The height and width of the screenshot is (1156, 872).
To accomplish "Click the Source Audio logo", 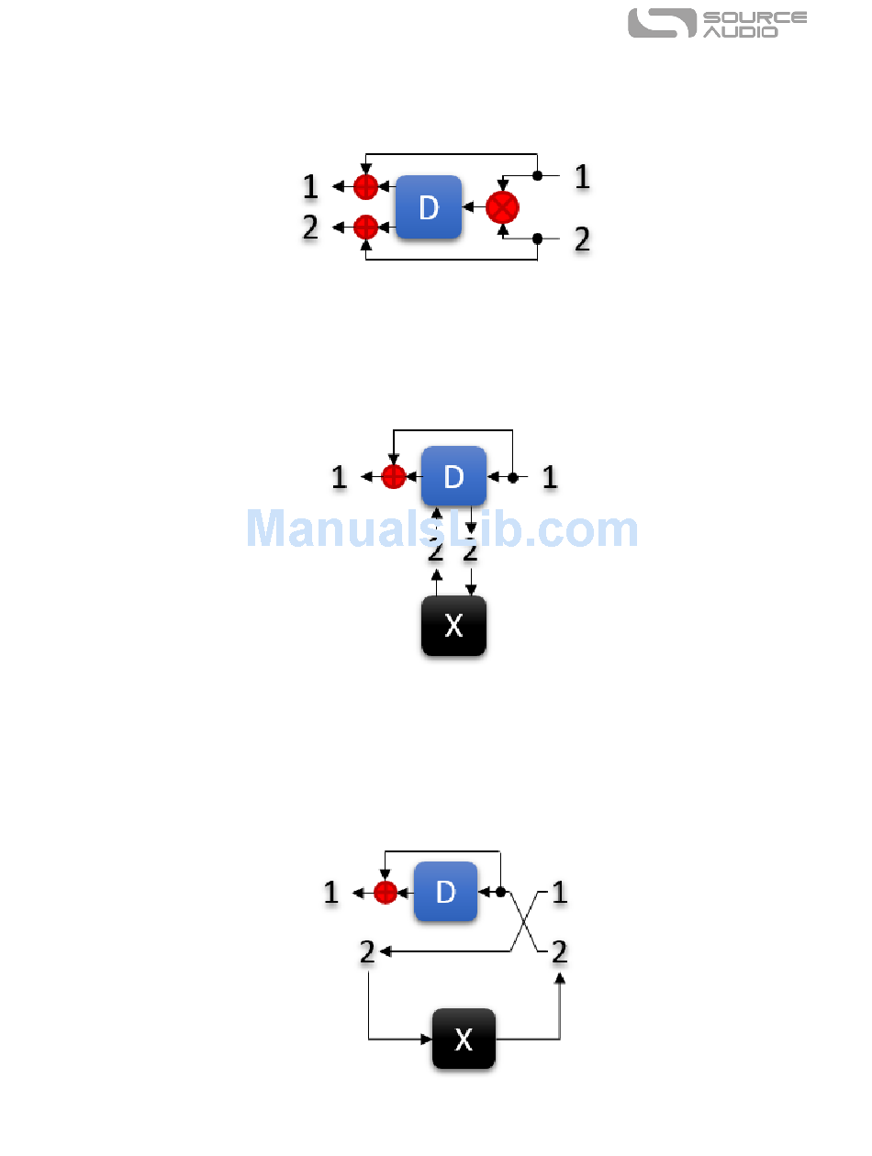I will pyautogui.click(x=717, y=24).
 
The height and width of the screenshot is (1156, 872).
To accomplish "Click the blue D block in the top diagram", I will pyautogui.click(x=429, y=207).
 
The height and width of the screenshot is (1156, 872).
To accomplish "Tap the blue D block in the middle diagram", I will pyautogui.click(x=453, y=476).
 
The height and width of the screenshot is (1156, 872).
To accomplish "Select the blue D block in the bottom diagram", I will pyautogui.click(x=445, y=891).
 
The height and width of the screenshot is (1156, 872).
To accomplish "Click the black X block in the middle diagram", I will pyautogui.click(x=453, y=626).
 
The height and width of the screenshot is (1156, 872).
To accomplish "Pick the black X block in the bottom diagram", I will pyautogui.click(x=464, y=1039).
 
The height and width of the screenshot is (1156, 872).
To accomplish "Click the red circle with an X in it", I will pyautogui.click(x=502, y=207).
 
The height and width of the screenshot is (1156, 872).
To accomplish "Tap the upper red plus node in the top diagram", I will pyautogui.click(x=365, y=187).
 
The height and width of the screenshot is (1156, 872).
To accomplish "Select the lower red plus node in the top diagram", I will pyautogui.click(x=365, y=226).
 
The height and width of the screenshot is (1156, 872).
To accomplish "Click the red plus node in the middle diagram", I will pyautogui.click(x=393, y=477).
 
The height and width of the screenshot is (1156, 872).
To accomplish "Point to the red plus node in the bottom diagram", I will pyautogui.click(x=386, y=892).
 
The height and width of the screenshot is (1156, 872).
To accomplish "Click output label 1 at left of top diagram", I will pyautogui.click(x=311, y=187).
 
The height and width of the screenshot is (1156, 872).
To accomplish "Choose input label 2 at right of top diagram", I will pyautogui.click(x=582, y=239).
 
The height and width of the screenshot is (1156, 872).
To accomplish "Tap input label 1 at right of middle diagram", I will pyautogui.click(x=549, y=477).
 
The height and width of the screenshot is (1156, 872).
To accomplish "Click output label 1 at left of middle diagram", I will pyautogui.click(x=339, y=477).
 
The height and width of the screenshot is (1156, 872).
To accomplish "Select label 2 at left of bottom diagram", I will pyautogui.click(x=367, y=952).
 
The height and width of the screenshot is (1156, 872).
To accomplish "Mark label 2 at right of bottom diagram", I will pyautogui.click(x=559, y=952).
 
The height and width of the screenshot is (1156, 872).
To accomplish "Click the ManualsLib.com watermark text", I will pyautogui.click(x=442, y=529).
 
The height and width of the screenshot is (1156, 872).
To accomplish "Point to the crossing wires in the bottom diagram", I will pyautogui.click(x=522, y=921).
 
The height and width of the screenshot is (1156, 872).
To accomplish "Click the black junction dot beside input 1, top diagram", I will pyautogui.click(x=538, y=174).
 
